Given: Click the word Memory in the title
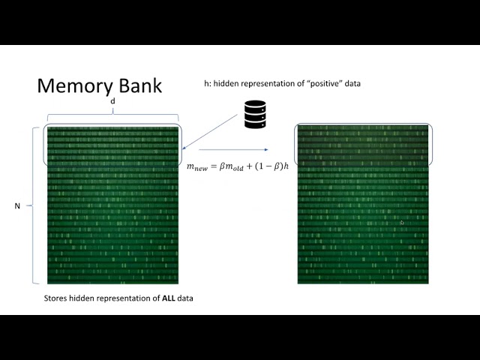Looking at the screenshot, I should tap(71, 85).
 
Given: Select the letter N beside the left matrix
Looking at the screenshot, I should tap(17, 205).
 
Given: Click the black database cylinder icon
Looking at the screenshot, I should tap(255, 114).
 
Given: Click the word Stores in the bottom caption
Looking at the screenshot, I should tap(56, 298).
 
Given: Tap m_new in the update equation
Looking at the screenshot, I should tap(197, 167).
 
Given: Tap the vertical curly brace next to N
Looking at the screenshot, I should tap(34, 205).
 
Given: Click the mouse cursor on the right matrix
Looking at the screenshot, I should tap(402, 223).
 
